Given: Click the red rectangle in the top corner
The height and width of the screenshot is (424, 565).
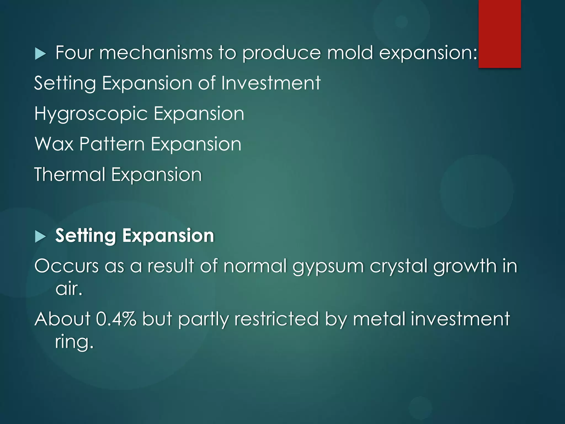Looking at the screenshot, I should [500, 34].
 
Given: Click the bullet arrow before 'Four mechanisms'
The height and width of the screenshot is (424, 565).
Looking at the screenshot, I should [40, 54].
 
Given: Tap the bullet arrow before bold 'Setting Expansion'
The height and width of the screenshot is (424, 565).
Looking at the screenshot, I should [40, 237].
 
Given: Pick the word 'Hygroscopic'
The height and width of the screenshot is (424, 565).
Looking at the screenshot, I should [91, 114].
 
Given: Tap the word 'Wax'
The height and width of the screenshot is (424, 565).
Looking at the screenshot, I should [54, 144].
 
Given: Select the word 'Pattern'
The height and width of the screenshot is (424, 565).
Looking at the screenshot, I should [112, 144].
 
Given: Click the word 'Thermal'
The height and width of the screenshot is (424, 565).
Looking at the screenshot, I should [70, 174].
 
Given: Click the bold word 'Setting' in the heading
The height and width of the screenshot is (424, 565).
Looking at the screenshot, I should [86, 236].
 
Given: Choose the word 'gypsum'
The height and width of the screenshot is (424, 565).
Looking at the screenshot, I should [328, 267].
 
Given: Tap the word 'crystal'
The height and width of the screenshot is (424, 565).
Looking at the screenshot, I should [398, 266].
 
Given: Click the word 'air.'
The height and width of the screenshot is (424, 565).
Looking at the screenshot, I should [69, 289].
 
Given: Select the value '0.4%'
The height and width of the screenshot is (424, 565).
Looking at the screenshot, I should [116, 319].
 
